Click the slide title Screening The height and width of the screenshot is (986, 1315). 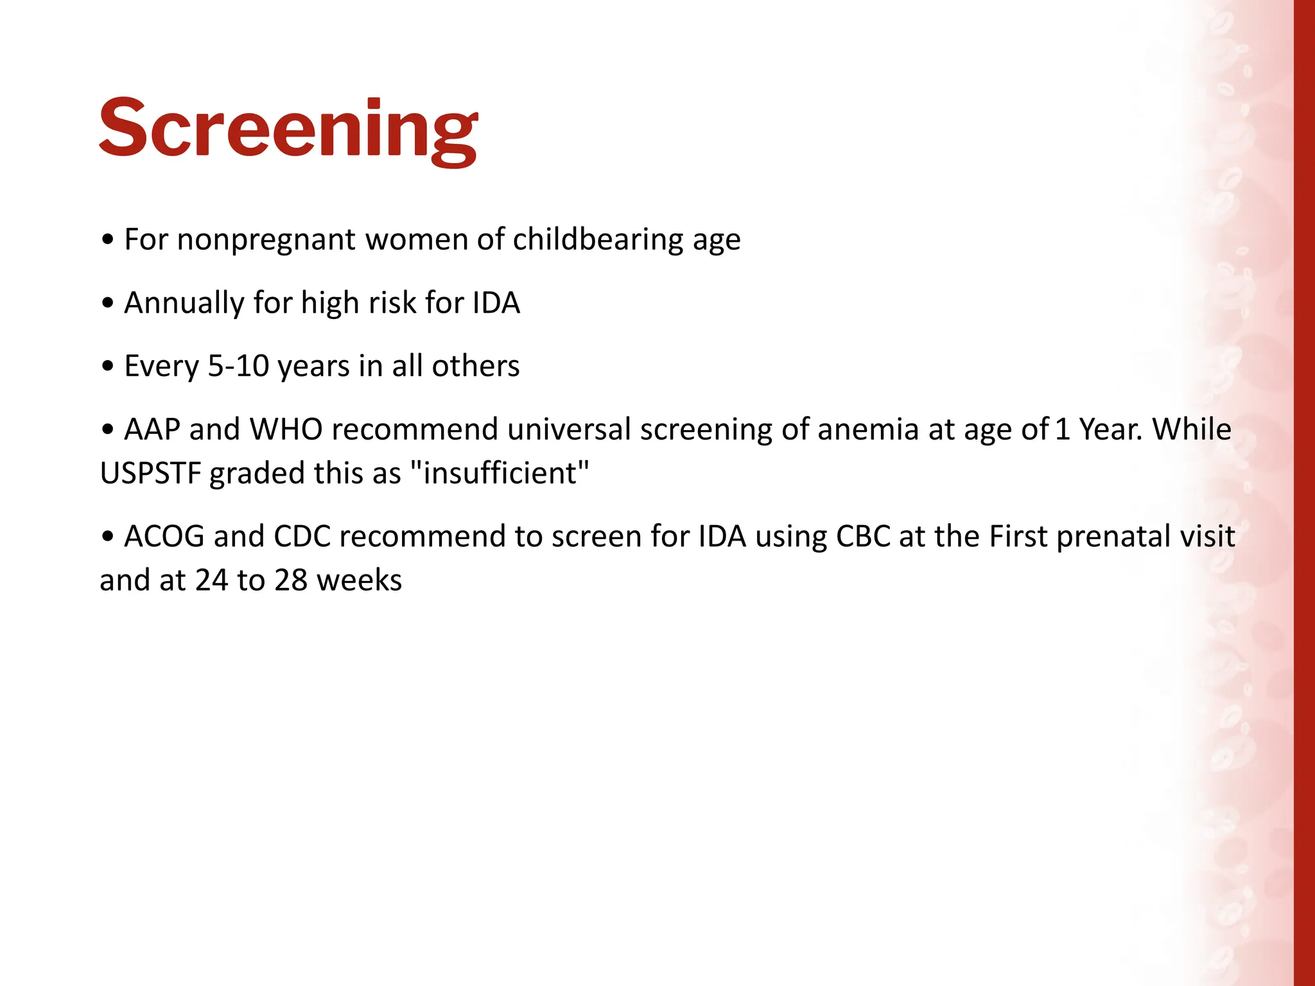pos(288,128)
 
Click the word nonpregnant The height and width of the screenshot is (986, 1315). pos(266,240)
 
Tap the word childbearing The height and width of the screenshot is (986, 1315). pos(598,240)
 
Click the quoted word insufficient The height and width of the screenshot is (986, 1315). pos(499,473)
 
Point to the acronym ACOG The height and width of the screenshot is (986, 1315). pos(164,537)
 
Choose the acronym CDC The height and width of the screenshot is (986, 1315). pos(302,537)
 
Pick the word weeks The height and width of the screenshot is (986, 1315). pos(359,580)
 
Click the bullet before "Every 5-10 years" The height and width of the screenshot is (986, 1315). pos(108,367)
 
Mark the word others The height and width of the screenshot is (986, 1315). pos(476,366)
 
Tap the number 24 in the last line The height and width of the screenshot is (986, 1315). pos(213,580)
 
